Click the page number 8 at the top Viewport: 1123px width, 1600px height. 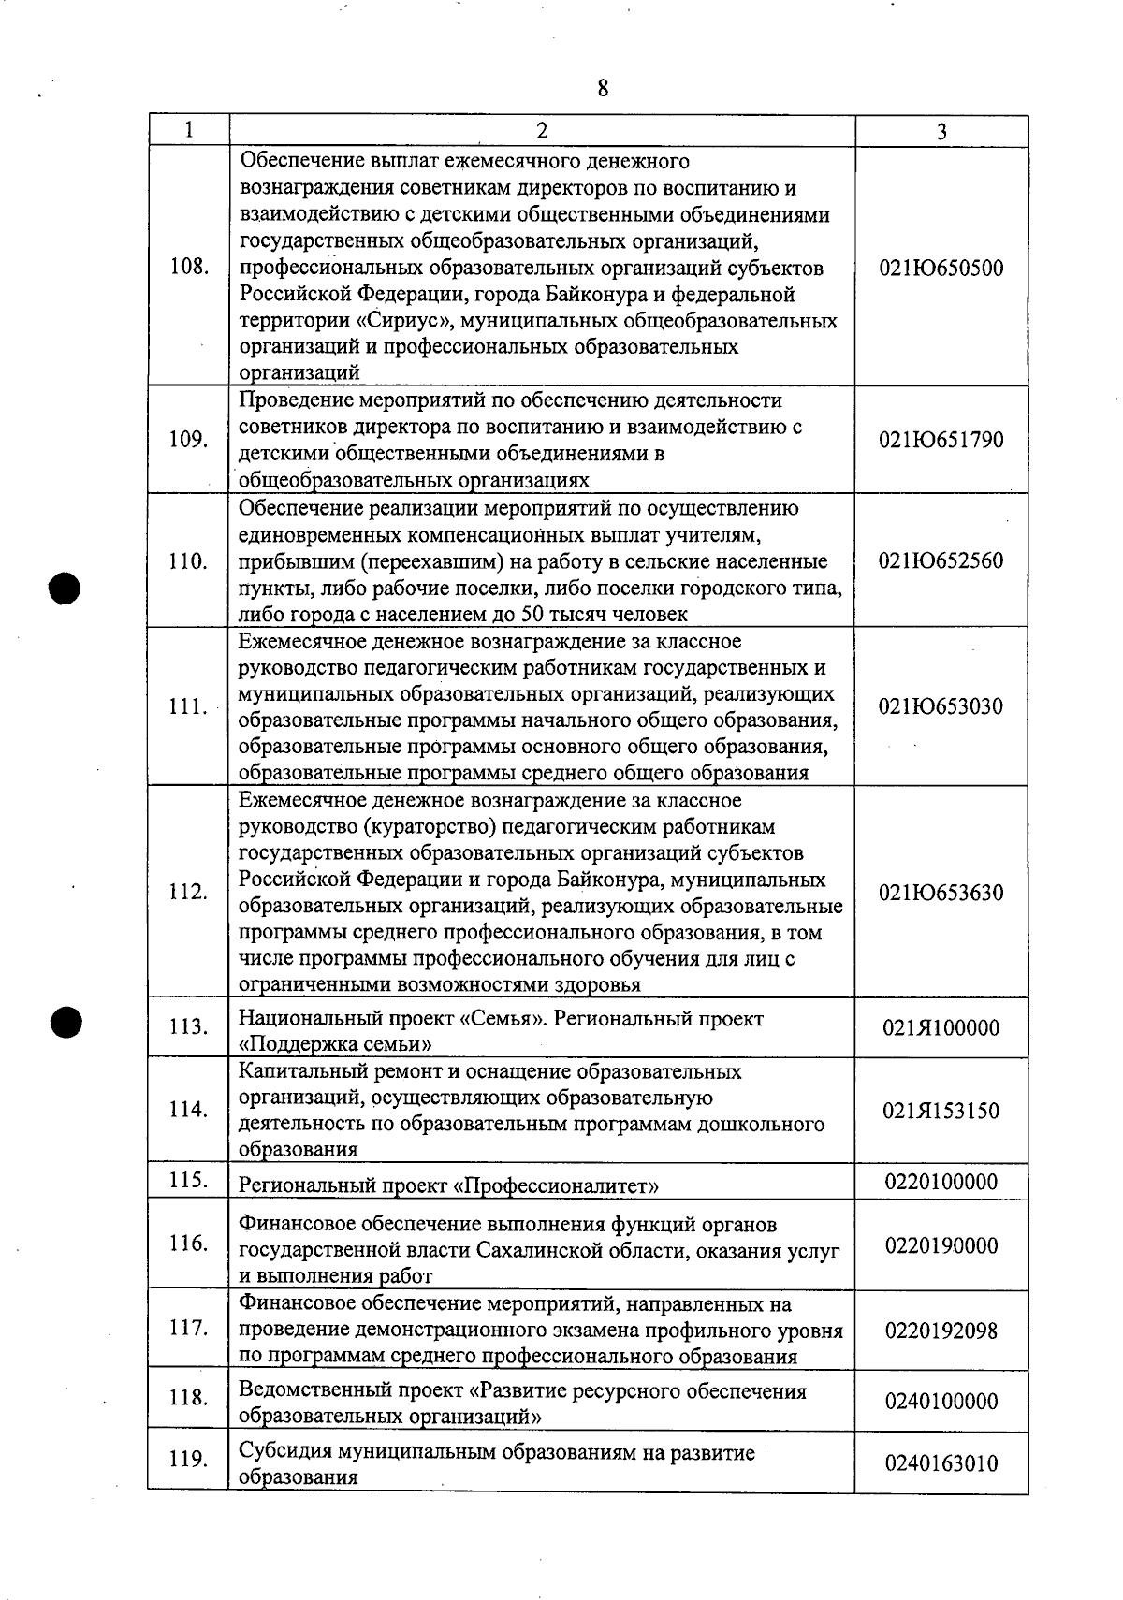coord(603,89)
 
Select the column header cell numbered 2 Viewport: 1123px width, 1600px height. coord(542,131)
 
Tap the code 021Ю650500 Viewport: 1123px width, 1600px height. coord(941,269)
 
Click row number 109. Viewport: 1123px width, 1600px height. coord(188,440)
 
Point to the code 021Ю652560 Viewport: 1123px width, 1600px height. coord(941,561)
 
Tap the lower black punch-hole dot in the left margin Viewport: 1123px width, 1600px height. coord(66,1021)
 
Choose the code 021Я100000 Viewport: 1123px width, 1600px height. coord(941,1028)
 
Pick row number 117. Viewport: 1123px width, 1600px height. coord(188,1329)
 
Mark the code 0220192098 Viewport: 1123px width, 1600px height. coord(941,1331)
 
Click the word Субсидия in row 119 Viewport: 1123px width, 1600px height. coord(285,1453)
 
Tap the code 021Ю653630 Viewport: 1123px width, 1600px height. coord(941,893)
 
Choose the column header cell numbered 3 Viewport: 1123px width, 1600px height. coord(941,131)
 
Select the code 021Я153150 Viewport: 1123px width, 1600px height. coord(941,1112)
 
